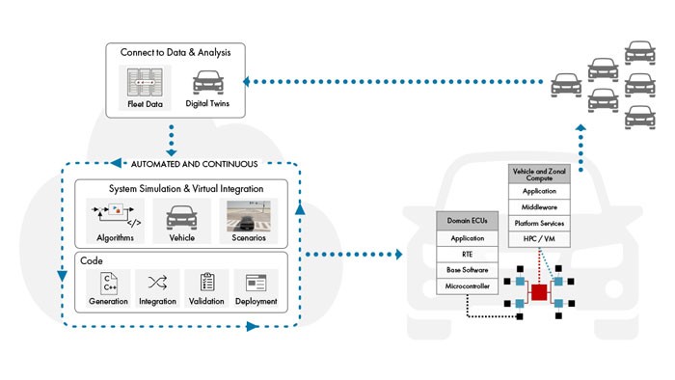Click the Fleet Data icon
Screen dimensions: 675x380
point(145,82)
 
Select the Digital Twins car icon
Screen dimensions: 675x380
point(208,82)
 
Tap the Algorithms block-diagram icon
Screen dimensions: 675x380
point(116,215)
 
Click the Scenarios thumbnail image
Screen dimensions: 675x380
point(249,216)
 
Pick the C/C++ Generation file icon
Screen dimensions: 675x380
point(108,283)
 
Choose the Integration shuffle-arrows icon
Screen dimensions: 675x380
point(157,283)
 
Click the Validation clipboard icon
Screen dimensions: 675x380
point(207,283)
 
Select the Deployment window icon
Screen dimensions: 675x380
point(256,283)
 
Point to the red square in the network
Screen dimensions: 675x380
point(539,292)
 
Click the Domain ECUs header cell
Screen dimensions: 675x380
point(467,221)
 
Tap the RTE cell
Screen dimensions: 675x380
point(467,255)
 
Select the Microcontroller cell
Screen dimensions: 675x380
point(467,286)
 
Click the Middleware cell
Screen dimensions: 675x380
point(539,207)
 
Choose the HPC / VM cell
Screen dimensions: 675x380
point(539,239)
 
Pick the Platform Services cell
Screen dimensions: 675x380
point(539,224)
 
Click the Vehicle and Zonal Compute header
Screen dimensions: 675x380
point(539,175)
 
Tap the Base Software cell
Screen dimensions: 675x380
point(467,270)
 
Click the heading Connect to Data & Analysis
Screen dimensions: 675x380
point(175,52)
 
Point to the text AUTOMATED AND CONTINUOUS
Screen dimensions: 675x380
point(194,164)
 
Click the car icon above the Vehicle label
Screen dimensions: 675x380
point(181,218)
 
